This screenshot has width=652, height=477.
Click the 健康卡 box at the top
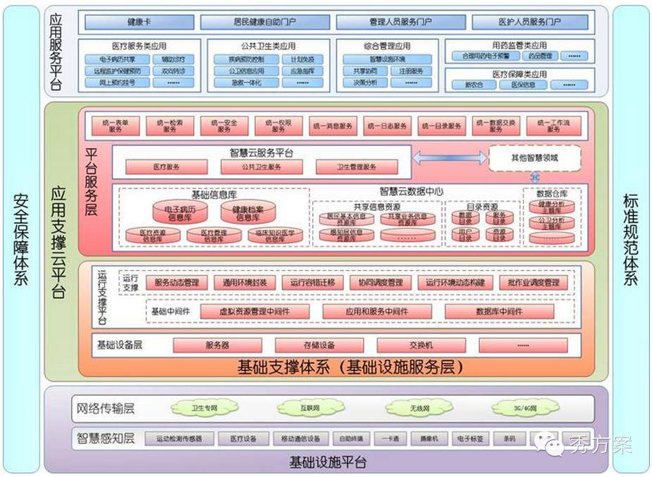pyautogui.click(x=136, y=23)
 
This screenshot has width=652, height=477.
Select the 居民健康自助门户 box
pyautogui.click(x=265, y=23)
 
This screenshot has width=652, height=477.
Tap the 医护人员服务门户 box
pyautogui.click(x=531, y=23)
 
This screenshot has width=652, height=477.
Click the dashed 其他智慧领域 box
pyautogui.click(x=535, y=158)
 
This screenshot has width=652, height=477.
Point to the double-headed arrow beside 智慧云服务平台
pyautogui.click(x=449, y=157)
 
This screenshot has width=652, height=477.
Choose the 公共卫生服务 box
pyautogui.click(x=261, y=167)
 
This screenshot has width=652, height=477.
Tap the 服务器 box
pyautogui.click(x=217, y=345)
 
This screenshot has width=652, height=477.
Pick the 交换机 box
pyautogui.click(x=421, y=345)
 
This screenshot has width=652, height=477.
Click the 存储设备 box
pyautogui.click(x=319, y=345)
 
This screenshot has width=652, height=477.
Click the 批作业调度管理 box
pyautogui.click(x=533, y=282)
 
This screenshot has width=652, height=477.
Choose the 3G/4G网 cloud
pyautogui.click(x=524, y=408)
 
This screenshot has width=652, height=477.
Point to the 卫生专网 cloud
pyautogui.click(x=204, y=407)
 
